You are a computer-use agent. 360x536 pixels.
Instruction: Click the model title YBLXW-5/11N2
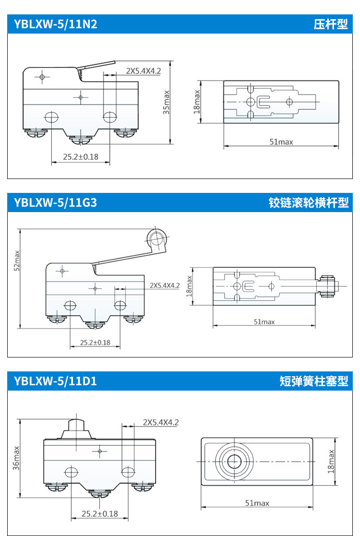pyautogui.click(x=56, y=24)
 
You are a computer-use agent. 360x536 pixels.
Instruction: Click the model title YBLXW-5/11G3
pyautogui.click(x=56, y=202)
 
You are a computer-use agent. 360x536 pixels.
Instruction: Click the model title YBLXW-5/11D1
pyautogui.click(x=56, y=381)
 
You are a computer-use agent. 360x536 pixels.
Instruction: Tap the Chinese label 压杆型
pyautogui.click(x=330, y=24)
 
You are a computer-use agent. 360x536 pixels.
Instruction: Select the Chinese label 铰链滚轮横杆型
pyautogui.click(x=308, y=203)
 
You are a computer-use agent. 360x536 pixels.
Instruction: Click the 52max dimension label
pyautogui.click(x=17, y=259)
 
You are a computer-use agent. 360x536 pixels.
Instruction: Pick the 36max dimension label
pyautogui.click(x=17, y=458)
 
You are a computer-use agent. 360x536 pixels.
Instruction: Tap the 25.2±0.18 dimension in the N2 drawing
pyautogui.click(x=81, y=156)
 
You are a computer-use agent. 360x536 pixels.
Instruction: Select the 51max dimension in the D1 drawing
pyautogui.click(x=257, y=503)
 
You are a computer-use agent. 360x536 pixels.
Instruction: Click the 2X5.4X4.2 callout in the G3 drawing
pyautogui.click(x=164, y=285)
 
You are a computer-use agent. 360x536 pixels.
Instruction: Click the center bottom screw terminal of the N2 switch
pyautogui.click(x=81, y=140)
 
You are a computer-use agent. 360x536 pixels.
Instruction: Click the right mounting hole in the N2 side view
pyautogui.click(x=110, y=116)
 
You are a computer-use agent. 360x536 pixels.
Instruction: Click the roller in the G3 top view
pyautogui.click(x=328, y=286)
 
